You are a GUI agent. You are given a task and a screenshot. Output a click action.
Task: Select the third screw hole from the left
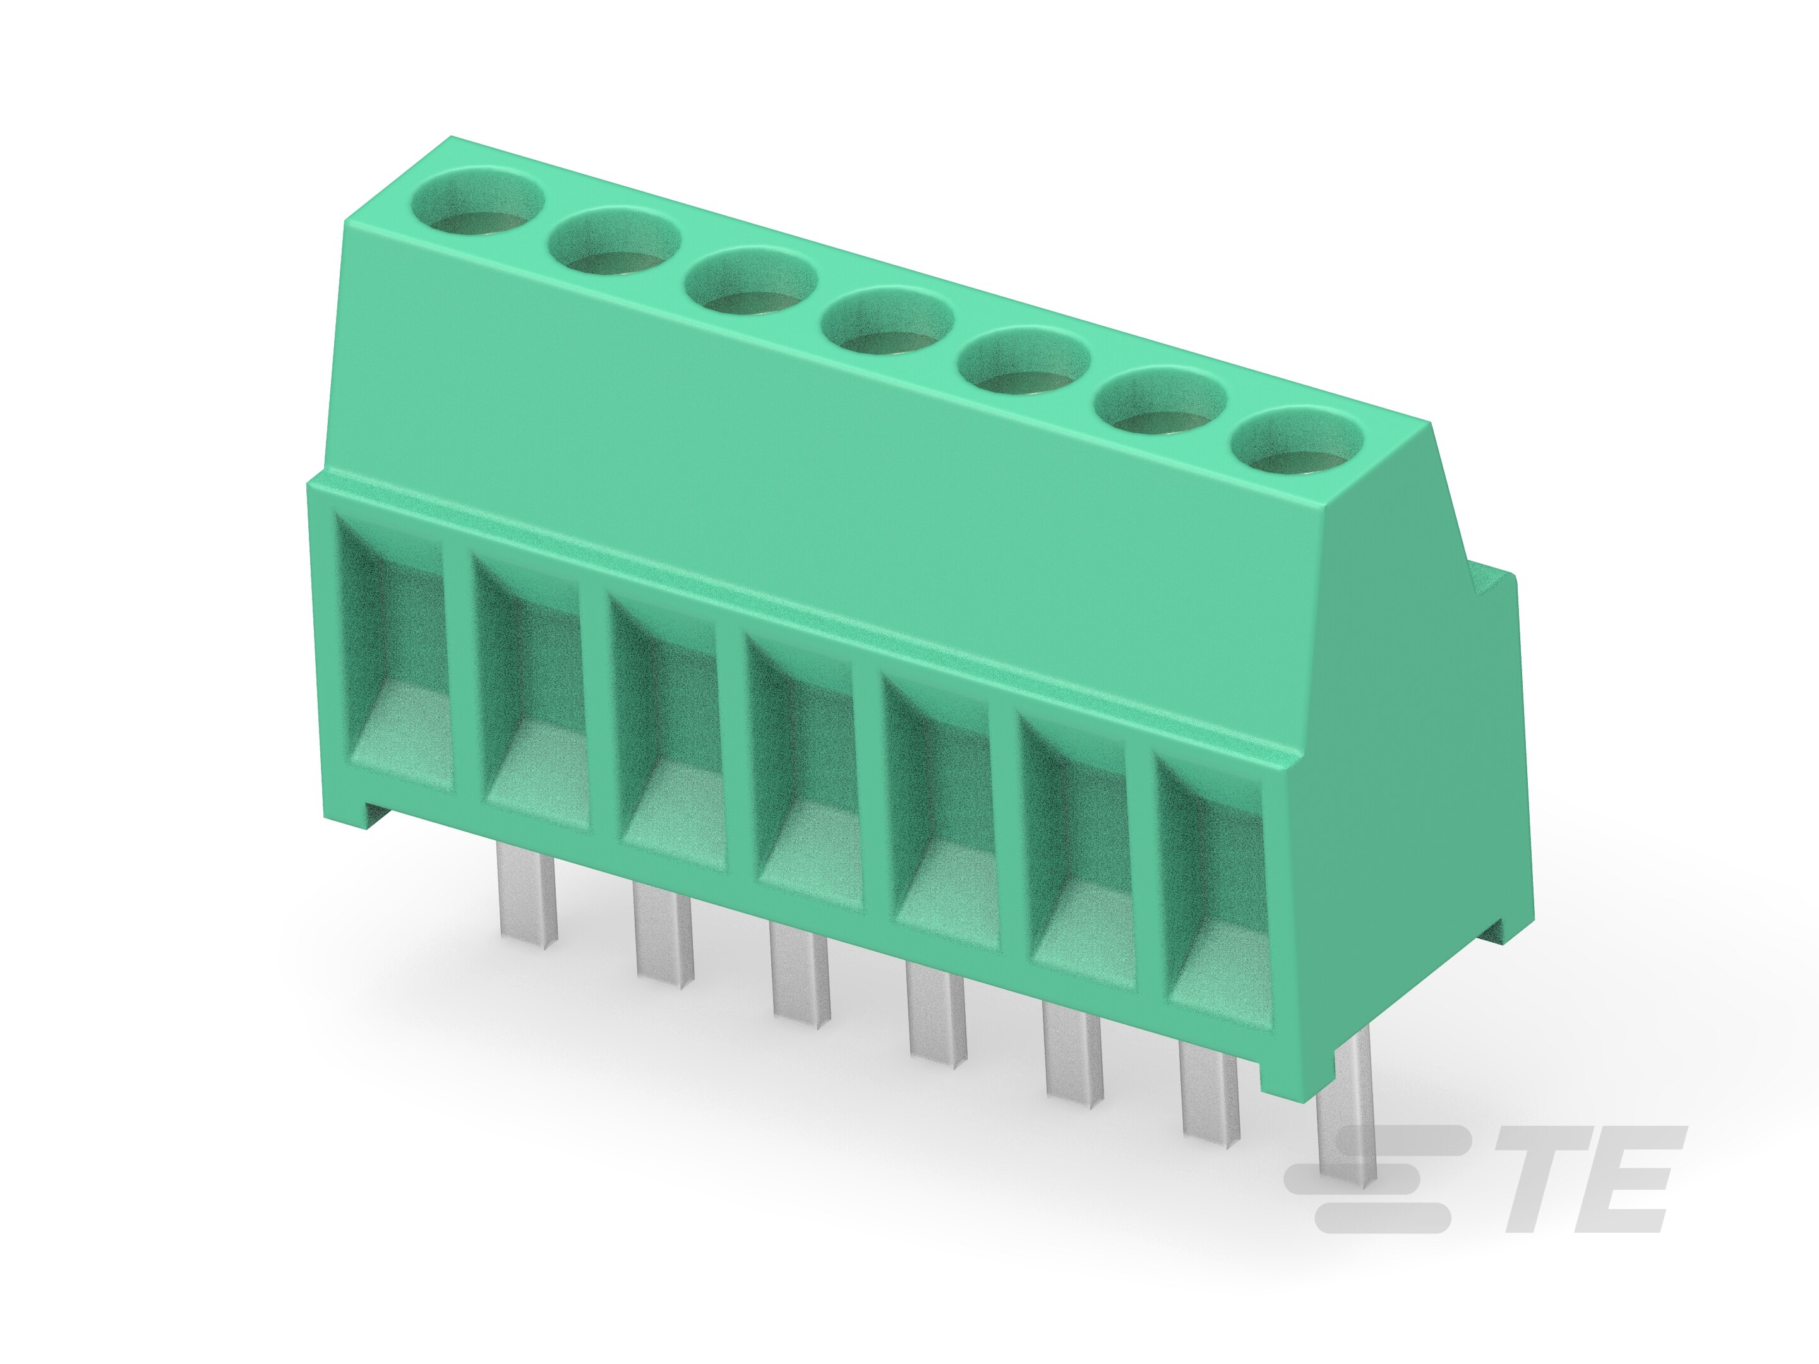pyautogui.click(x=751, y=284)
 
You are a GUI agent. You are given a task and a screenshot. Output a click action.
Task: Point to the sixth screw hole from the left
pyautogui.click(x=1160, y=402)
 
